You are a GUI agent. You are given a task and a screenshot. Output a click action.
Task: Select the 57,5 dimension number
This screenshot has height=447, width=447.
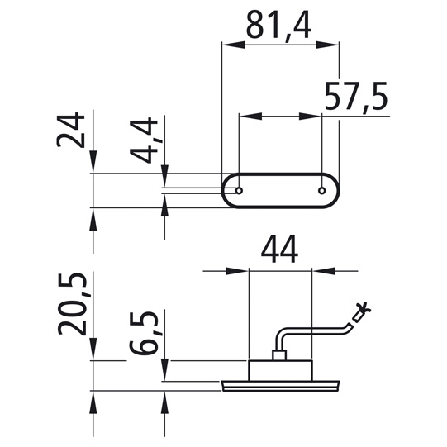coord(356,97)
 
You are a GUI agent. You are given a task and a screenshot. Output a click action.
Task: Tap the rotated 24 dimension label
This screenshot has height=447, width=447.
coord(71,130)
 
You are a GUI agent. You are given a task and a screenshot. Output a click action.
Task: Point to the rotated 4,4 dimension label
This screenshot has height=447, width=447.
coord(144,140)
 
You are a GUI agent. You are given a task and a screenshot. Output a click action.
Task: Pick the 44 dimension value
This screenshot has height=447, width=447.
coord(279,250)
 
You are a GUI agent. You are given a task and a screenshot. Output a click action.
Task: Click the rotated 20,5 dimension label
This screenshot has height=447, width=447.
coord(72,304)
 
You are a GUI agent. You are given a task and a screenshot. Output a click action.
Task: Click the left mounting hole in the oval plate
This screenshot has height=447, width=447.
coord(239,190)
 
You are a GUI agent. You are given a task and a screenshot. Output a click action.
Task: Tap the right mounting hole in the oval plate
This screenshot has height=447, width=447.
coord(322,190)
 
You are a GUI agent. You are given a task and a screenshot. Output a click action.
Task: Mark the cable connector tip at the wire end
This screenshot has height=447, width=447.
coord(361,312)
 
